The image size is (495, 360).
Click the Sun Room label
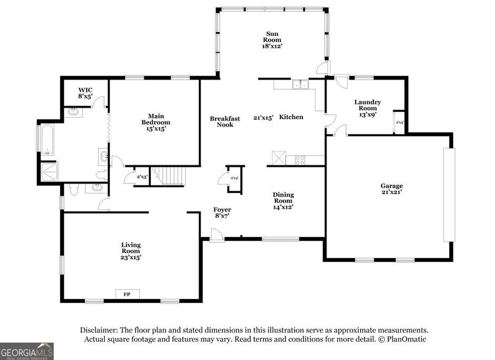click(272, 36)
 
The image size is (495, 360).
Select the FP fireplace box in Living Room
click(128, 294)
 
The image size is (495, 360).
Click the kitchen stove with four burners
click(300, 160)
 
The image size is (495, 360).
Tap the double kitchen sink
click(301, 85)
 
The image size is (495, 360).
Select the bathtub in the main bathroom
click(46, 139)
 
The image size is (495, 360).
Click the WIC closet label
click(85, 90)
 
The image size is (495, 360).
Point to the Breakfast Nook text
click(225, 121)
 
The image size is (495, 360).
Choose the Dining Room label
click(284, 197)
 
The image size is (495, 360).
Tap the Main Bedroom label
click(156, 119)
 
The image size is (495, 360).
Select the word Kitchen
click(291, 117)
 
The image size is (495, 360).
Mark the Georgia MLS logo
click(27, 351)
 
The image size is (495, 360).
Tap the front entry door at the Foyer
click(217, 237)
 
